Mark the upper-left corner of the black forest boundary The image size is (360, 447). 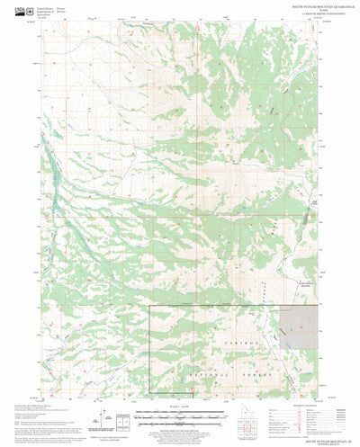(x=149, y=305)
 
